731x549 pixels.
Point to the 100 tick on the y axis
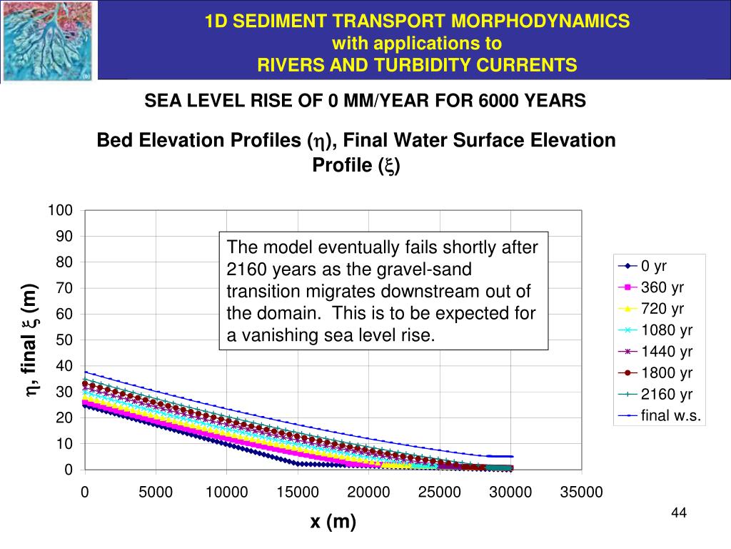(60, 210)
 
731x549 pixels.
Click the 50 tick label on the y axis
(64, 340)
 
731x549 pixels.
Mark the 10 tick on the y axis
(64, 443)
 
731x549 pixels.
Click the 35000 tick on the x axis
(581, 492)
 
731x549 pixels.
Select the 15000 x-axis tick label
(298, 492)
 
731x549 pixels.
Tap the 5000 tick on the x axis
(156, 492)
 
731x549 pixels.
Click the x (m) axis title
(333, 522)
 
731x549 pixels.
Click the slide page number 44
(679, 513)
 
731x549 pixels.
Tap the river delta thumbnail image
(47, 41)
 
